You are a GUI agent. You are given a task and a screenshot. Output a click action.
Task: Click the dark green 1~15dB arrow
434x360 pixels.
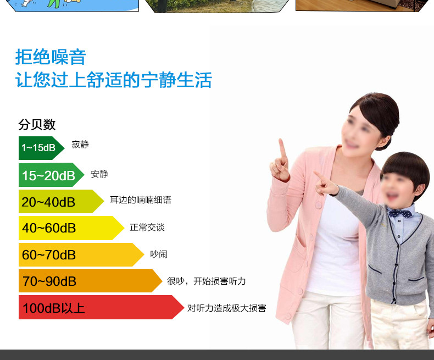point(42,148)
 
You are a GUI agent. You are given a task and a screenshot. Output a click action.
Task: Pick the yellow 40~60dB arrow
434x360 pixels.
point(71,228)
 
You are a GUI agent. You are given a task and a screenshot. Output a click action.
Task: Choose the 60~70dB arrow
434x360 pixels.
point(81,255)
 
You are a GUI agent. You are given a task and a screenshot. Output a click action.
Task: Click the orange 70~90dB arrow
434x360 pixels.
point(90,280)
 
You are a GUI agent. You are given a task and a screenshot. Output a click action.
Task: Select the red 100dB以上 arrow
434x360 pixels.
point(101,307)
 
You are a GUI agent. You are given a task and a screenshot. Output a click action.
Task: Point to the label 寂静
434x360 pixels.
point(80,145)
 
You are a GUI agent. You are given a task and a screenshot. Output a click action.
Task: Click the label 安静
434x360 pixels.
point(99,174)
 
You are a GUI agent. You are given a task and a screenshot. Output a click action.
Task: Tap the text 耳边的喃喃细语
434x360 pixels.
point(141,200)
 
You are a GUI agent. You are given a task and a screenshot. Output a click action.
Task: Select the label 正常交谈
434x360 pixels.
point(147,228)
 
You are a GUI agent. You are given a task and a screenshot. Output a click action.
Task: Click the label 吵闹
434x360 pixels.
point(159,254)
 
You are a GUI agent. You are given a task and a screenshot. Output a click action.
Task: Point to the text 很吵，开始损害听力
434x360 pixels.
point(207,281)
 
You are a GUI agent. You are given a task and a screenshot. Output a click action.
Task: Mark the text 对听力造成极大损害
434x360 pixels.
point(227,308)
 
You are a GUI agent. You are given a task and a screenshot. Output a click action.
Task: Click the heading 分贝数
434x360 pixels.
point(37,125)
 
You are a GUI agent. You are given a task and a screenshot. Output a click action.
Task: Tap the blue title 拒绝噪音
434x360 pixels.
point(51,57)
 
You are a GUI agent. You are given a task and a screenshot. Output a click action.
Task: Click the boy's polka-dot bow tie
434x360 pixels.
point(400,213)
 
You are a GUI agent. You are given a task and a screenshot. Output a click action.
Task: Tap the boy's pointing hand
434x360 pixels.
point(325,185)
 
